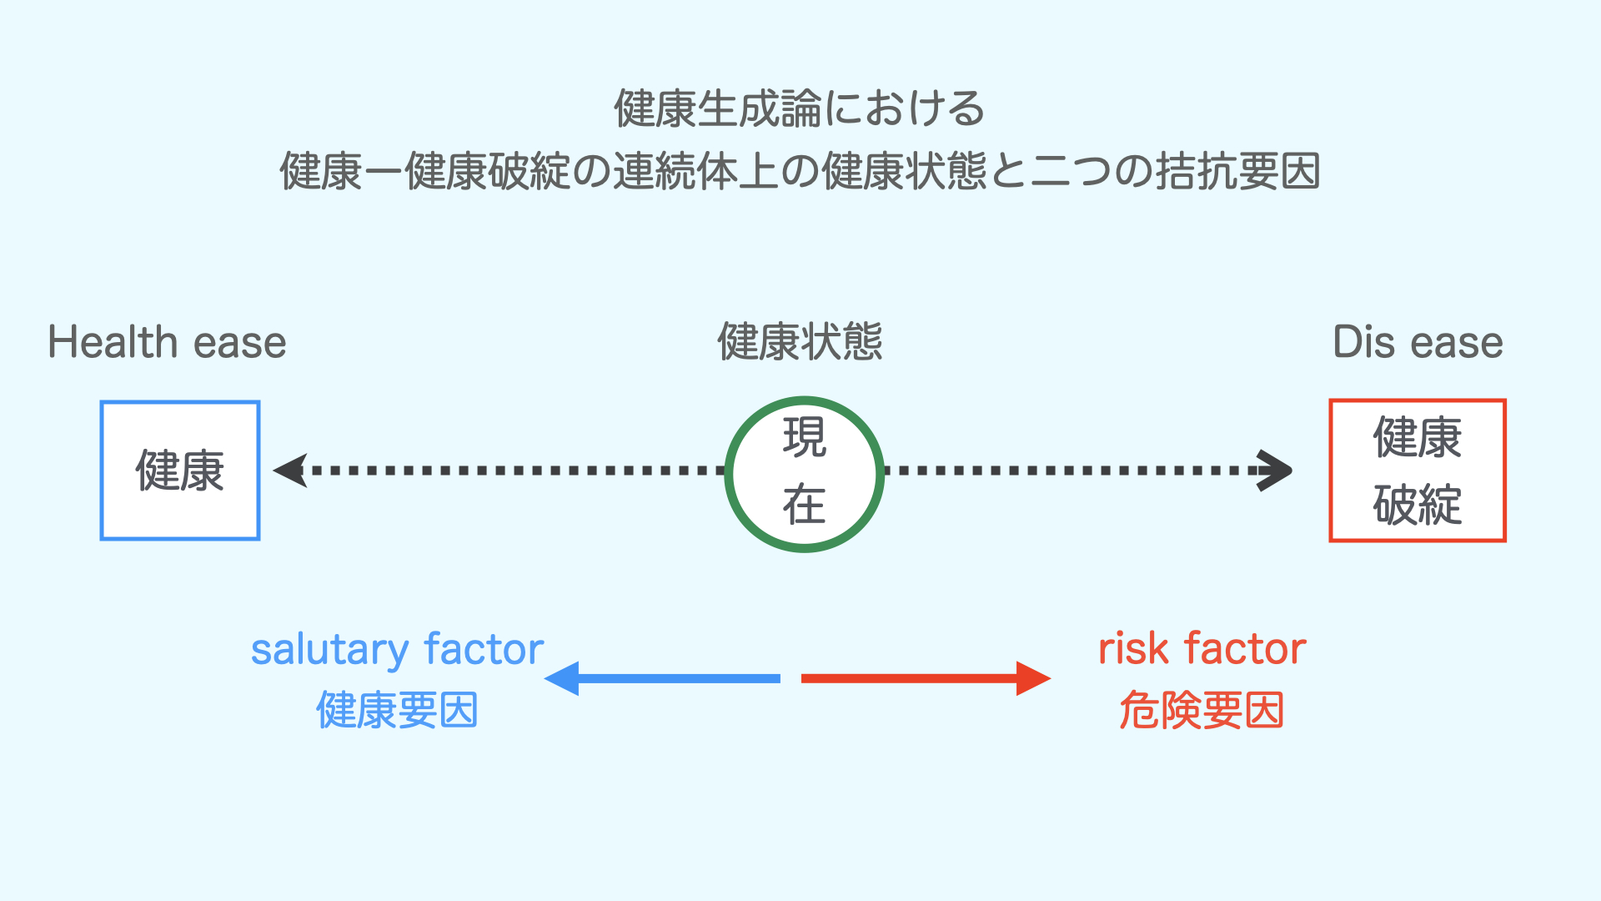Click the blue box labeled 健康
pos(180,471)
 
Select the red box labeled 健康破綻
pos(1418,471)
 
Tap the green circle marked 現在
pos(804,473)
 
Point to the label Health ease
pos(167,342)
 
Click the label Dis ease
pos(1418,342)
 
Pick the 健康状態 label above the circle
pos(800,342)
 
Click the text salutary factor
pos(397,650)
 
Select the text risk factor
pos(1202,648)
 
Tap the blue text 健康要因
pos(397,711)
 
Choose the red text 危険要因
pos(1202,711)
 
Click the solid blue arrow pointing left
pos(663,678)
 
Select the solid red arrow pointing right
pos(926,678)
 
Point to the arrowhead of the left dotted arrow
pos(290,471)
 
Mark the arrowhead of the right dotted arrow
pos(1276,471)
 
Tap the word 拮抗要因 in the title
pos(1237,172)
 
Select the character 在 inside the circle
pos(805,505)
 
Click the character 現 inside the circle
pos(805,438)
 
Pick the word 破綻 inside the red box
pos(1418,505)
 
